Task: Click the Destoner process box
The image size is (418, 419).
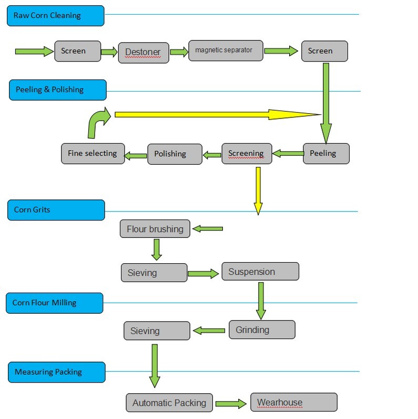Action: (144, 53)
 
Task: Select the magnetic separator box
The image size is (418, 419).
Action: (225, 51)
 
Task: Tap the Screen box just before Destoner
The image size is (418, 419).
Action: (77, 51)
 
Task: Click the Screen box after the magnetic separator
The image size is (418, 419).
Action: (324, 51)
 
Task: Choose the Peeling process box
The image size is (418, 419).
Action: (326, 153)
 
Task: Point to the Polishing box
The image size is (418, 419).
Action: (175, 154)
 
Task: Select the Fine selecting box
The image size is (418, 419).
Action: (93, 154)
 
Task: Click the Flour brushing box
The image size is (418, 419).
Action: (155, 229)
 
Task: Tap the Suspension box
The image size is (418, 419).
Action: (260, 272)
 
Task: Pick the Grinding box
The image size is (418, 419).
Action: (261, 330)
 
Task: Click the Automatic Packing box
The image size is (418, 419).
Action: (169, 403)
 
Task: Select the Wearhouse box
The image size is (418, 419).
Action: (293, 403)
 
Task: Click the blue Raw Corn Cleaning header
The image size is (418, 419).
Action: (55, 15)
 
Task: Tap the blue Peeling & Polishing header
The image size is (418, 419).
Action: (57, 89)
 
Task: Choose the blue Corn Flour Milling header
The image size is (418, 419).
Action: (55, 303)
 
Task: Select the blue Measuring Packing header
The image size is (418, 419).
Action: (56, 372)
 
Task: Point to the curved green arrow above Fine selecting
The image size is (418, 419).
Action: (98, 122)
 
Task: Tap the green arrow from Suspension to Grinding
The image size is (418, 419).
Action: (260, 299)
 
